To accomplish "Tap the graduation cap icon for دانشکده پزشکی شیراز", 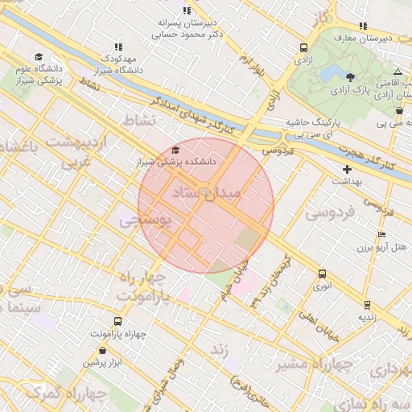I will point(176,150).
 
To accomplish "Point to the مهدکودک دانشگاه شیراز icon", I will point(119,47).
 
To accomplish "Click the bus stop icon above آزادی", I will point(303,47).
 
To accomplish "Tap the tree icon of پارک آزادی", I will point(350,77).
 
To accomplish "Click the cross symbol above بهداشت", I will point(347,169).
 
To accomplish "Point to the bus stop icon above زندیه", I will point(368,305).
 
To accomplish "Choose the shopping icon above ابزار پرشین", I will point(103,350).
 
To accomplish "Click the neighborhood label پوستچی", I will point(145,219).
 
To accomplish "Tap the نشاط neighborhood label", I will point(138,120).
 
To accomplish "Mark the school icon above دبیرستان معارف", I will point(364,25).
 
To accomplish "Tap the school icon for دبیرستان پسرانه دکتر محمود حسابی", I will point(187,10).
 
